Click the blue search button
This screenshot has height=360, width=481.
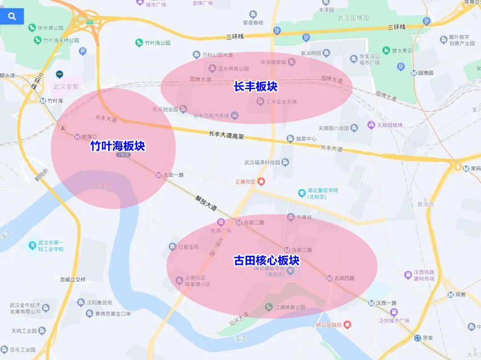pos(12,16)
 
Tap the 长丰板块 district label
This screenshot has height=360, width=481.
pos(256,86)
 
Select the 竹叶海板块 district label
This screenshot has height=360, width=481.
pos(118,146)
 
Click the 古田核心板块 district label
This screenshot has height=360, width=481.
pos(267,260)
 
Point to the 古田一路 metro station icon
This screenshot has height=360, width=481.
pos(159,175)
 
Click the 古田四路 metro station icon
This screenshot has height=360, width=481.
pos(329,278)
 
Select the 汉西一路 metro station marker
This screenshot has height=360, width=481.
pos(371,303)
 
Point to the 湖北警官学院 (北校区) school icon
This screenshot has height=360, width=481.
pos(302,193)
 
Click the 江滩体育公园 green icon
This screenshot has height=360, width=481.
pos(269,307)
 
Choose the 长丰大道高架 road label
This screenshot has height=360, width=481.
pos(227,135)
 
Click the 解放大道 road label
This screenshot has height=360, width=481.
pos(205,204)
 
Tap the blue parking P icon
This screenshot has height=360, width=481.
pos(82,52)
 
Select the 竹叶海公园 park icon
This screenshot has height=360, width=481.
pos(139,43)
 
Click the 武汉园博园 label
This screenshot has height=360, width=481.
pos(353,18)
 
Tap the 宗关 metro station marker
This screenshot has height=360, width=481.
pos(417,338)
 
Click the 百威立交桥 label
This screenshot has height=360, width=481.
pos(73,279)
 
